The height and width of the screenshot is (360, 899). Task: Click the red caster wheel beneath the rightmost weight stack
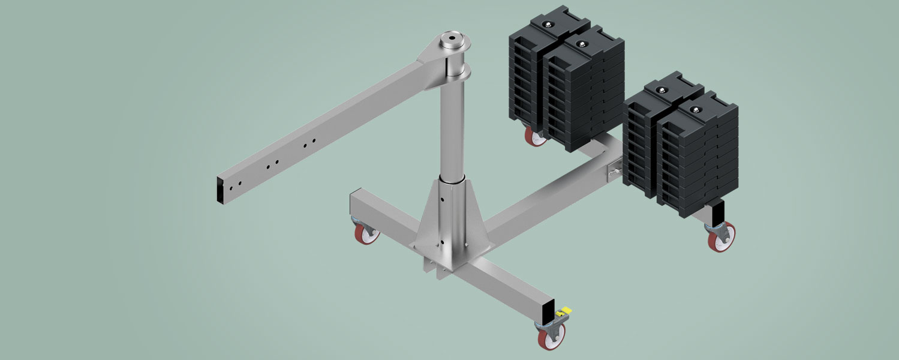[x=719, y=239]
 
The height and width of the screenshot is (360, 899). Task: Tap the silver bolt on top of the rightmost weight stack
[x=695, y=110]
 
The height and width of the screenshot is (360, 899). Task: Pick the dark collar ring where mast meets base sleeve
[x=452, y=179]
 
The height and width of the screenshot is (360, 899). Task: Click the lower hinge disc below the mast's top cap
[x=456, y=73]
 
